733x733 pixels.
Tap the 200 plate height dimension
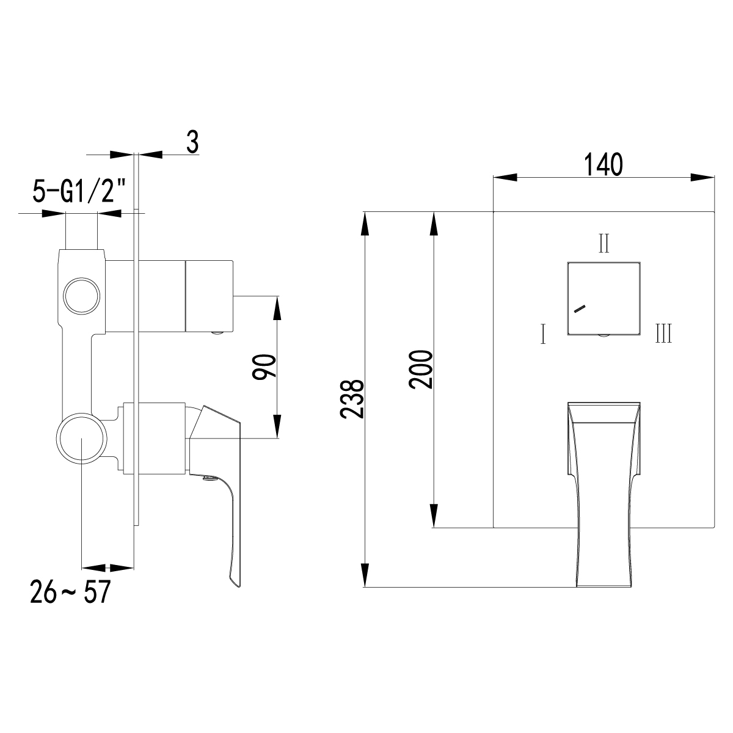point(421,370)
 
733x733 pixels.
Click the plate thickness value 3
point(192,142)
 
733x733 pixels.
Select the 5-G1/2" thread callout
point(79,192)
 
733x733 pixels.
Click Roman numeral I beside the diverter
point(543,334)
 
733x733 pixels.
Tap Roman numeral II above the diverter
point(604,244)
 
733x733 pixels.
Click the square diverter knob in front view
point(604,299)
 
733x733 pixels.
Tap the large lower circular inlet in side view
point(82,439)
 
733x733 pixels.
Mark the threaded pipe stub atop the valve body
point(81,231)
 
